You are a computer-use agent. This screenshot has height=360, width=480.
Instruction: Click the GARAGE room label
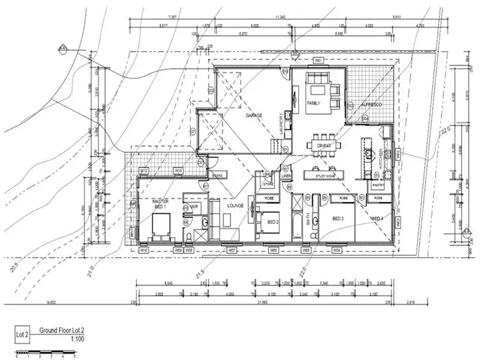(255, 116)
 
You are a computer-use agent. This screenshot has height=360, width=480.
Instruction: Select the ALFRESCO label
(371, 104)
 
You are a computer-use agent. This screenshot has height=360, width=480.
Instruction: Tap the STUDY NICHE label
(324, 175)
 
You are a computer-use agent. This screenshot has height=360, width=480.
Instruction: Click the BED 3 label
(339, 219)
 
